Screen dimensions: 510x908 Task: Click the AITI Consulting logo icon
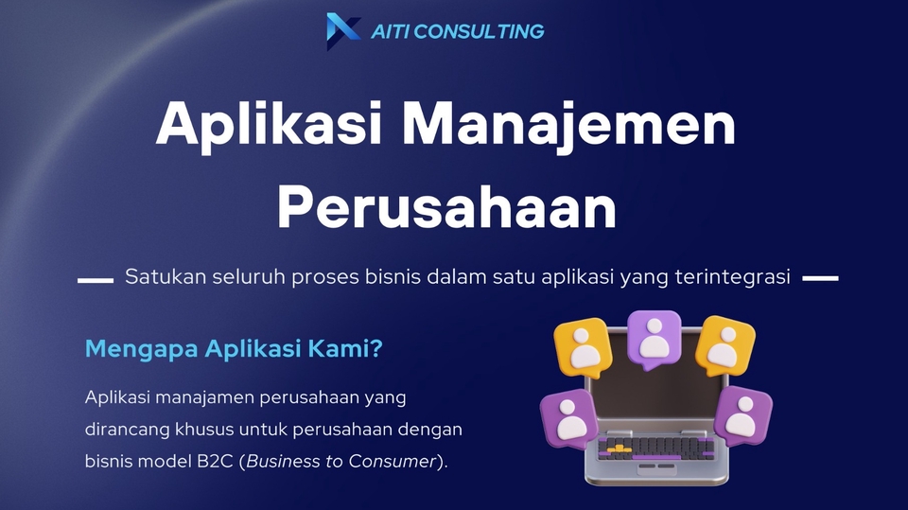342,30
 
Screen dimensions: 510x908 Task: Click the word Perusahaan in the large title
446,208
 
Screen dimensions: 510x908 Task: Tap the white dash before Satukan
95,280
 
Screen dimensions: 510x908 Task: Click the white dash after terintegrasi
820,279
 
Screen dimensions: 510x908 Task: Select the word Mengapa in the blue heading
141,349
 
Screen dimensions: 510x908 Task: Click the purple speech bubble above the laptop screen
655,337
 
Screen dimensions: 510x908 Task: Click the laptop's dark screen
653,393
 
